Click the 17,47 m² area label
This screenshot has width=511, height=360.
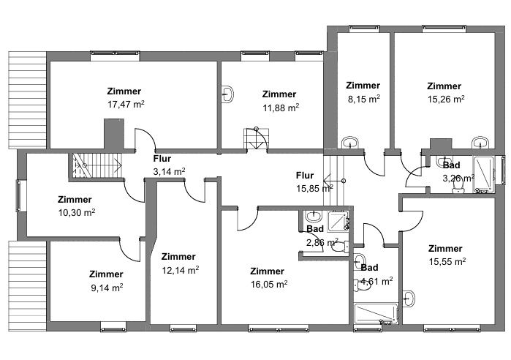tap(126, 105)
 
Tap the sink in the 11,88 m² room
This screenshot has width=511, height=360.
tap(227, 94)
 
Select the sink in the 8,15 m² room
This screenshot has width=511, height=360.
tap(350, 143)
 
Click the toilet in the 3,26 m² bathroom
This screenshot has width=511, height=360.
tap(458, 186)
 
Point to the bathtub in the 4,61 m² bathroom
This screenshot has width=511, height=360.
tap(376, 314)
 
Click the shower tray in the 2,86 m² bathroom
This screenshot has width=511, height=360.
tap(338, 221)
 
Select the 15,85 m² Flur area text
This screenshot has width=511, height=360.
tap(314, 189)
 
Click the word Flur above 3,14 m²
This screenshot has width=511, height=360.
tap(162, 159)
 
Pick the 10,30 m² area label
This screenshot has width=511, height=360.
tap(77, 213)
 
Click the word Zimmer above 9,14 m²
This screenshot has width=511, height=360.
tap(106, 274)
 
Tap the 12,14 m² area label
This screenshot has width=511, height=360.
tap(181, 270)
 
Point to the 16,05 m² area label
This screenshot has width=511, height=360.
tap(269, 285)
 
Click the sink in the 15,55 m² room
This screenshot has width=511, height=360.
tap(409, 299)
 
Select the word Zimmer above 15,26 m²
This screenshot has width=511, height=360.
tap(444, 86)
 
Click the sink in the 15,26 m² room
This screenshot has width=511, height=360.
tap(481, 143)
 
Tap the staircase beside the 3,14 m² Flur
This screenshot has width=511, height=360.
tap(96, 165)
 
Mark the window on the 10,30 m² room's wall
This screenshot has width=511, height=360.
tap(18, 196)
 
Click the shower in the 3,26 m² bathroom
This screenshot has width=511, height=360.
tap(483, 174)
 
